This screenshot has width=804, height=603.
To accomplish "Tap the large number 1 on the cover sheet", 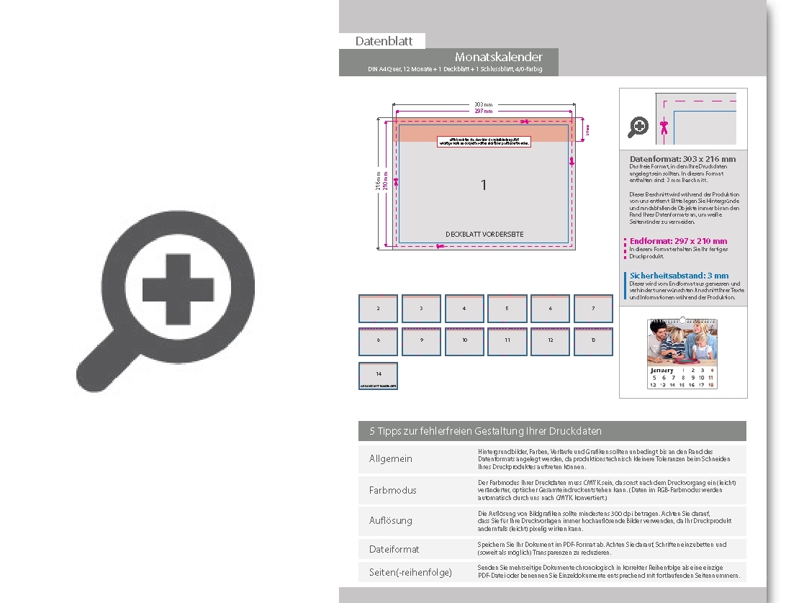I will point(484,185).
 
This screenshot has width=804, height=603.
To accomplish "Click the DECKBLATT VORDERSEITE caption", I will point(484,235).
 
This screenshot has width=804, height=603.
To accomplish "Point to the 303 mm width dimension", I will point(483,105).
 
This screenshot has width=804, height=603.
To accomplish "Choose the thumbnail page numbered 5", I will point(507,309).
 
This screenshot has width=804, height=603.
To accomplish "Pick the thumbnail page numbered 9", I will point(421,341).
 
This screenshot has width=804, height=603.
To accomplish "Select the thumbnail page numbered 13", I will point(593,341).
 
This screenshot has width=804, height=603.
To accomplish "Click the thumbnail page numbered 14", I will point(379,376).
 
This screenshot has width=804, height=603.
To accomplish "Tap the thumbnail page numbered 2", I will point(379,309).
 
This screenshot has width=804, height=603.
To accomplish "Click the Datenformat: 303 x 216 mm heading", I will point(682,158).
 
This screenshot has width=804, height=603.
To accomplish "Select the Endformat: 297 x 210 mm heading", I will point(678,241).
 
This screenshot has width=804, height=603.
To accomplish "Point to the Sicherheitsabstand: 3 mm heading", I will point(679,276).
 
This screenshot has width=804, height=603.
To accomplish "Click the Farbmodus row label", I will point(393,490).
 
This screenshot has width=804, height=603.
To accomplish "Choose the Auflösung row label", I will point(391,520).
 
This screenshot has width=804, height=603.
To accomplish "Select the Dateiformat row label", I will point(394,549).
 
